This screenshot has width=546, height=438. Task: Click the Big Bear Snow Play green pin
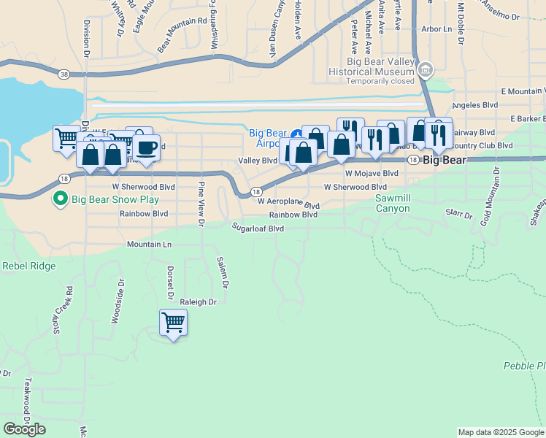pos(61,199)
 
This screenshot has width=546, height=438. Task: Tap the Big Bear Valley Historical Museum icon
pos(426,70)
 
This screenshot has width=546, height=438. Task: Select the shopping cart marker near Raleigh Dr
pos(173,322)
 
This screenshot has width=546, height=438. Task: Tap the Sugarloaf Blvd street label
pos(257,228)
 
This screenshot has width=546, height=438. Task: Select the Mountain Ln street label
pos(149,244)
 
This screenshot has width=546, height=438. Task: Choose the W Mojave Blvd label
pos(372,174)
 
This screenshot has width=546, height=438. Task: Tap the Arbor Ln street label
pos(437,30)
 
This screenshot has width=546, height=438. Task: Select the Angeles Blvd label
pos(475,105)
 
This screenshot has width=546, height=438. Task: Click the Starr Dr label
pos(458,212)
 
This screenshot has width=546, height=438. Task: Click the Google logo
pos(24,429)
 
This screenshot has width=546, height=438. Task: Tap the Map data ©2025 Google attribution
pos(501,432)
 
